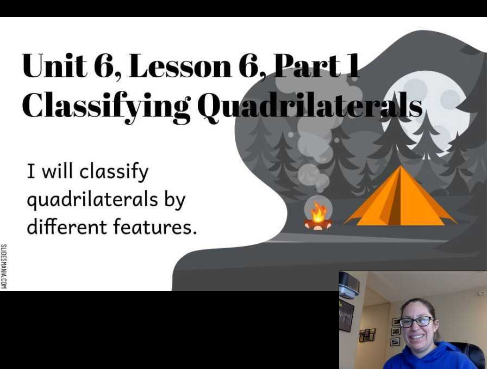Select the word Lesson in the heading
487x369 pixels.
[x=180, y=66]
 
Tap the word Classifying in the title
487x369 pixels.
[x=106, y=105]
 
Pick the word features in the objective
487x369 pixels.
[x=155, y=226]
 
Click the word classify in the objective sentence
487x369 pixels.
[x=114, y=173]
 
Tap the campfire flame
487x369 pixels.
[x=318, y=212]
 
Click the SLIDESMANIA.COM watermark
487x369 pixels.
[x=3, y=267]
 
